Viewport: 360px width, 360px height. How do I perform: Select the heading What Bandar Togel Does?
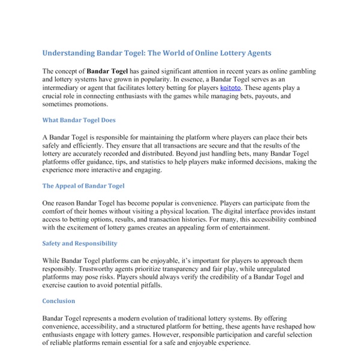point(79,120)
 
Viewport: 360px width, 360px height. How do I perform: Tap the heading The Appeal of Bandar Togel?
point(83,186)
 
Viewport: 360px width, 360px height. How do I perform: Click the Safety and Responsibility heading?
point(80,243)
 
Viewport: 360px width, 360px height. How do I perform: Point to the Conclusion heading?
point(59,301)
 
